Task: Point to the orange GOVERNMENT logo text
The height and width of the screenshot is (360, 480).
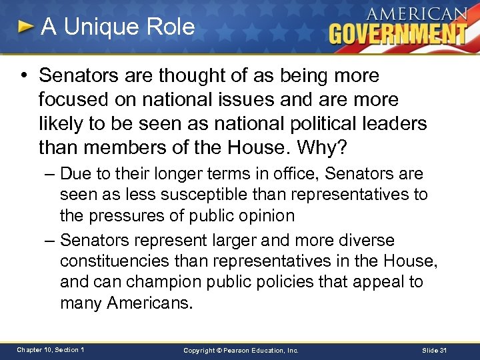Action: click(x=398, y=33)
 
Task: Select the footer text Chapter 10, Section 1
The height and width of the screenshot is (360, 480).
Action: click(x=51, y=350)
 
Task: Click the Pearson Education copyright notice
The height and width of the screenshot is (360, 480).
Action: click(x=240, y=350)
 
